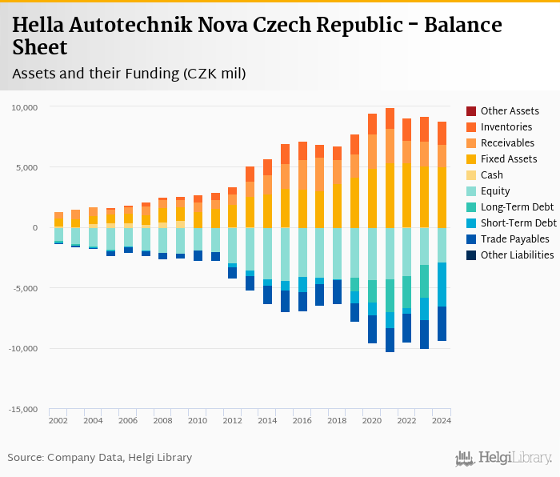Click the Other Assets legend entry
coord(510,110)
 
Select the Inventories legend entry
coord(506,126)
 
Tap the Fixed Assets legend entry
coord(508,158)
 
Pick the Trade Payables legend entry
coord(514,238)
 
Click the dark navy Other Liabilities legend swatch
coord(471,255)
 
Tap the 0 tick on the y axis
coord(46,227)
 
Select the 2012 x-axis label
coord(232,420)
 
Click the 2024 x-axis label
coord(442,420)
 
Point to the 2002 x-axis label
coord(58,420)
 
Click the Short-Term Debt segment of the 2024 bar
coord(442,284)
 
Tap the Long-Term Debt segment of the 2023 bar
coord(424,281)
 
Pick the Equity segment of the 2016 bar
coord(302,252)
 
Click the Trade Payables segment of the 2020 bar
coord(372,329)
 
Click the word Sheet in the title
coord(40,48)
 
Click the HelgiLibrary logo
coord(504,458)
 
